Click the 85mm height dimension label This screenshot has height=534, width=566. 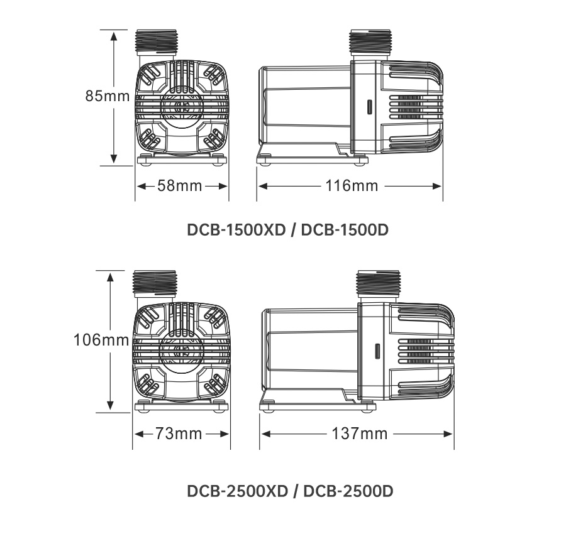(108, 96)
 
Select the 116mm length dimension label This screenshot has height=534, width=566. (352, 186)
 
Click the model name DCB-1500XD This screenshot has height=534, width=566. (236, 230)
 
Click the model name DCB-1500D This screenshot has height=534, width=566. (345, 230)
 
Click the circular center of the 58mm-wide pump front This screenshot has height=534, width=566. (182, 107)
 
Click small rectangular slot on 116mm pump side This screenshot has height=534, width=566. (369, 107)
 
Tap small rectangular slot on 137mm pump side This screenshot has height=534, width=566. (378, 351)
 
